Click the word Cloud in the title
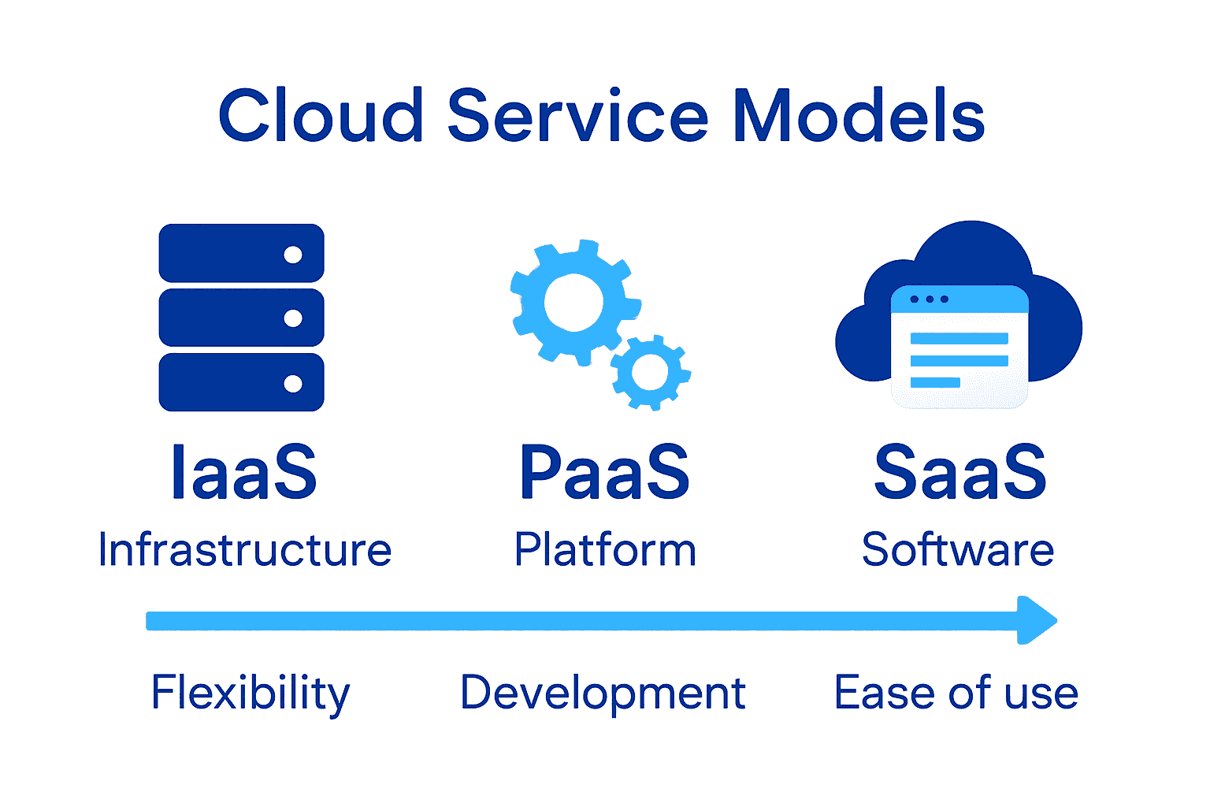pyautogui.click(x=321, y=116)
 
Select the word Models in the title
pyautogui.click(x=859, y=116)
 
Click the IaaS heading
pyautogui.click(x=244, y=472)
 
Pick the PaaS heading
pyautogui.click(x=604, y=472)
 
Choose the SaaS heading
pyautogui.click(x=960, y=472)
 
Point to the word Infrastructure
pyautogui.click(x=245, y=549)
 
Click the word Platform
pyautogui.click(x=605, y=549)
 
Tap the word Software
pyautogui.click(x=958, y=549)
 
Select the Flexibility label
pyautogui.click(x=251, y=694)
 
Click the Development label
pyautogui.click(x=603, y=694)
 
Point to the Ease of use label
pyautogui.click(x=956, y=694)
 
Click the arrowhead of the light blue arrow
pyautogui.click(x=1036, y=620)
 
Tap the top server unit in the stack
pyautogui.click(x=241, y=253)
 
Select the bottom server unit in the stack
pyautogui.click(x=241, y=382)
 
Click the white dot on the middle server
pyautogui.click(x=293, y=318)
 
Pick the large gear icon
pyautogui.click(x=573, y=303)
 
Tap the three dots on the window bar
pyautogui.click(x=929, y=299)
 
